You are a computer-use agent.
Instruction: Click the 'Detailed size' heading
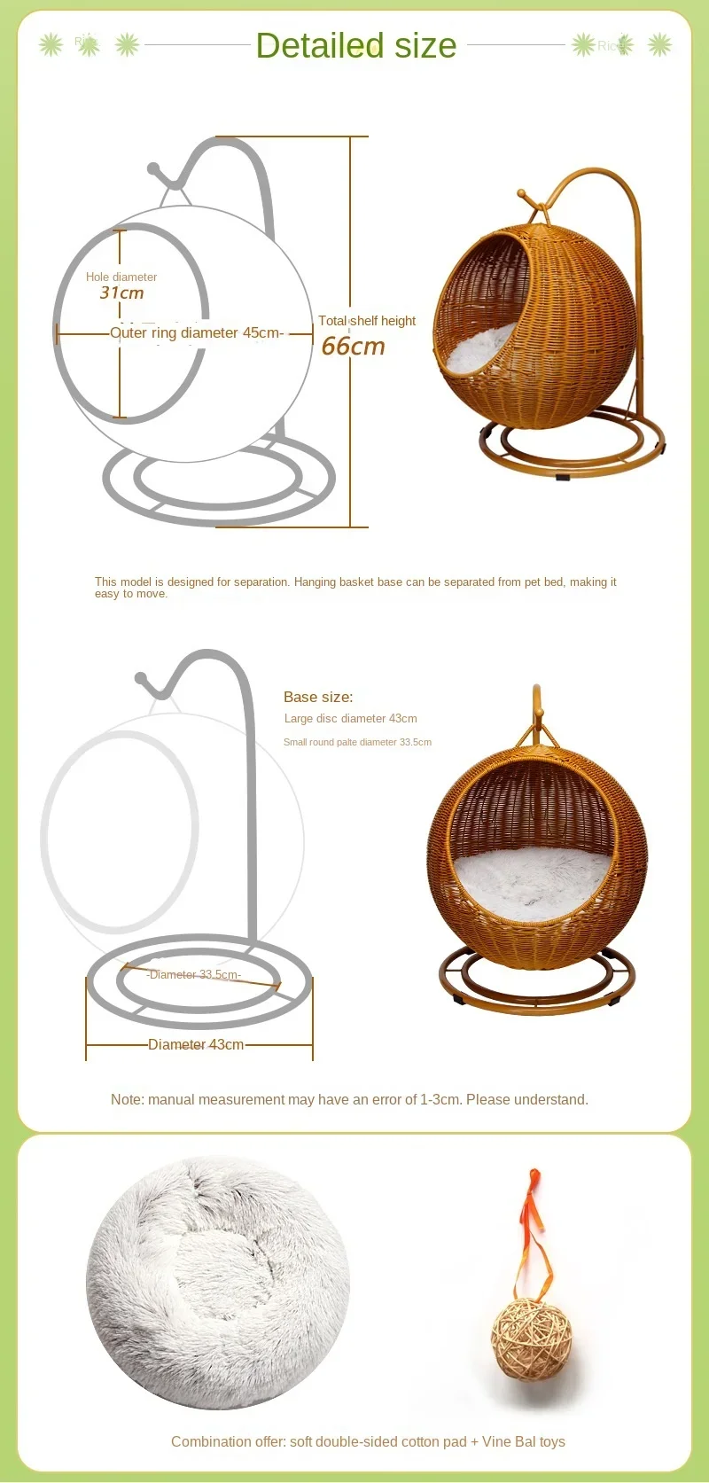(x=355, y=45)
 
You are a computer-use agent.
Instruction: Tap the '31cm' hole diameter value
(x=121, y=293)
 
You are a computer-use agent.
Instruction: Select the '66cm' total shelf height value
(x=353, y=346)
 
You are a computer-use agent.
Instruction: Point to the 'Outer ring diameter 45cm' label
(x=196, y=333)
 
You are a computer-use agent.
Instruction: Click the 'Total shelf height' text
(x=367, y=321)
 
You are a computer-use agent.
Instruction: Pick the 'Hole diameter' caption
(x=121, y=277)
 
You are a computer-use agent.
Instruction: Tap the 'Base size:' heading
(x=318, y=697)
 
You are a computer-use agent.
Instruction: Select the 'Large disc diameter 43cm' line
(x=350, y=719)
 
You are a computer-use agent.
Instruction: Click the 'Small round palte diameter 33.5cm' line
(x=357, y=742)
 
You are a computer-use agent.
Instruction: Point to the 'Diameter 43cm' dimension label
(x=196, y=1045)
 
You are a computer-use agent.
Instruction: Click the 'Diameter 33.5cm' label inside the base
(x=194, y=975)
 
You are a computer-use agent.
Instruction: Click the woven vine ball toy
(x=532, y=1339)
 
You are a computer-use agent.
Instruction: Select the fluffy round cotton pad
(x=218, y=1282)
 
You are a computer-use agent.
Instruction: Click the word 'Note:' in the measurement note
(x=127, y=1100)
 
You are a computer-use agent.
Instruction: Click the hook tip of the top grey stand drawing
(x=153, y=168)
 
